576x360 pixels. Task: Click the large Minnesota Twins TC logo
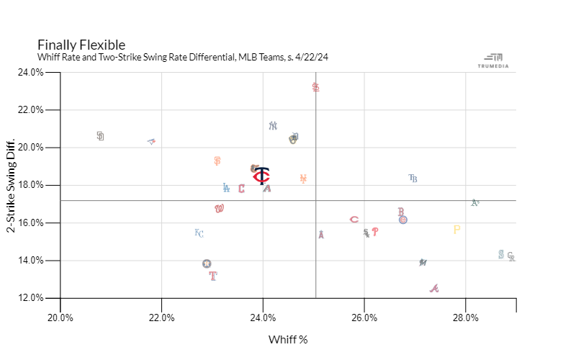262,176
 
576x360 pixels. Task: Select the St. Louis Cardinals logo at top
315,87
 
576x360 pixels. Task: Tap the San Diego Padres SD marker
100,135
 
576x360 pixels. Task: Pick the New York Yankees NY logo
273,125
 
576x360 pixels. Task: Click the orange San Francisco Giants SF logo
217,161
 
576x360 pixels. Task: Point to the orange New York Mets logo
303,179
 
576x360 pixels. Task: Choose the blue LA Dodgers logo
226,188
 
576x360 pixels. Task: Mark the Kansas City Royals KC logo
199,233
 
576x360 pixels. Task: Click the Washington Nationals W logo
220,209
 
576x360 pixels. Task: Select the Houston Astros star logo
207,264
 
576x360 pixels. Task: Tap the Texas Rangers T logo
212,275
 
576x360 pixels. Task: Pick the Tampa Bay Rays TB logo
413,178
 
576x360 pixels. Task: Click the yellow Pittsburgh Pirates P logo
456,230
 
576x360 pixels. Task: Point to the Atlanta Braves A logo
433,289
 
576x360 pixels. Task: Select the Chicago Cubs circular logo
403,220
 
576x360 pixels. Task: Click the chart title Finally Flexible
81,45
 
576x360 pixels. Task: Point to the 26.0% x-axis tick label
364,317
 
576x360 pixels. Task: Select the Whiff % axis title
288,339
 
